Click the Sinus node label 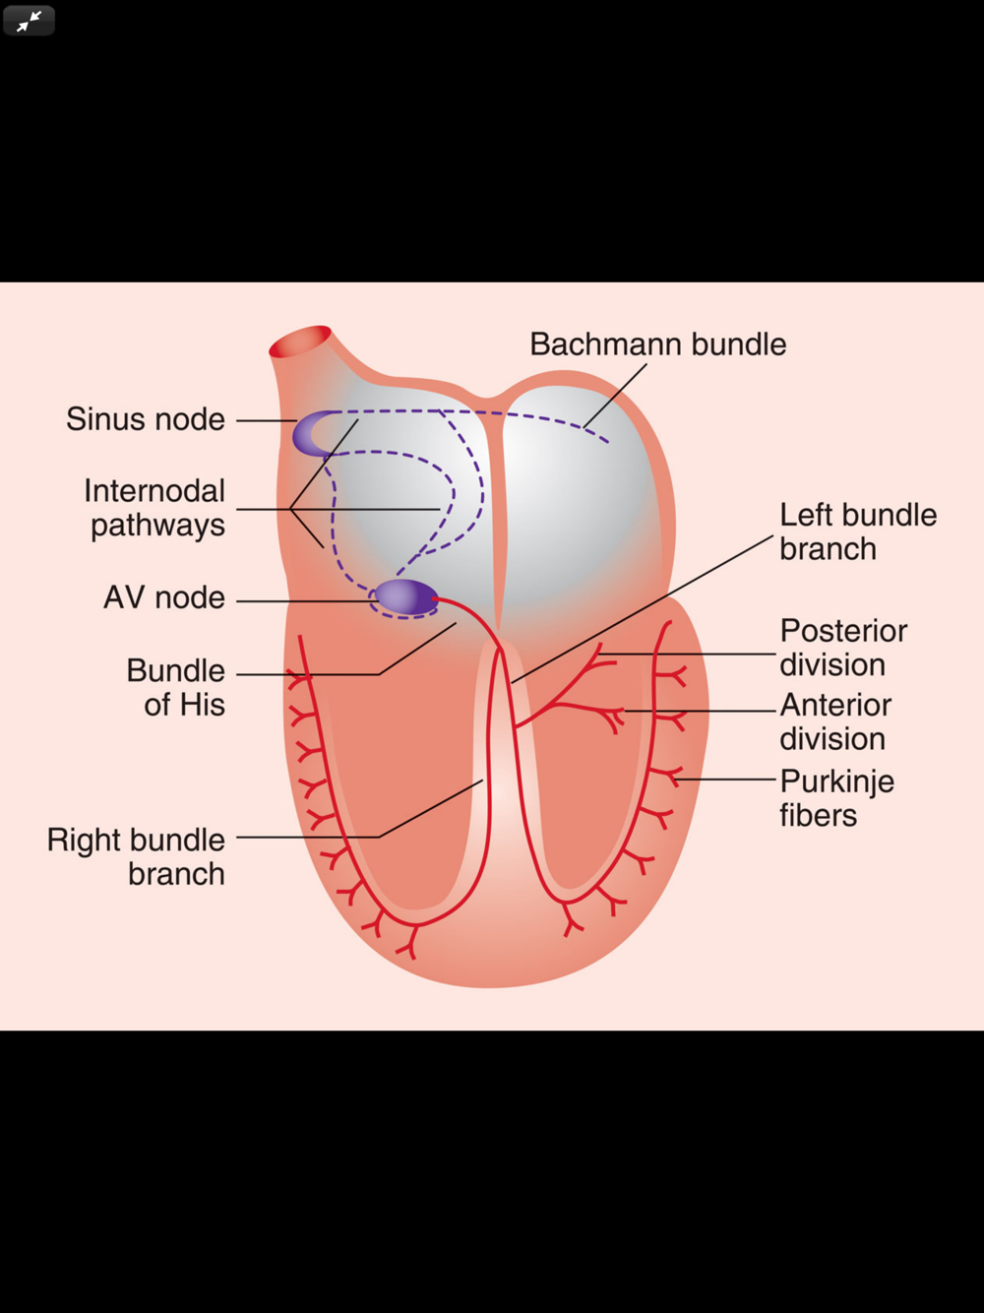pyautogui.click(x=146, y=419)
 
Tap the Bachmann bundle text pyautogui.click(x=657, y=344)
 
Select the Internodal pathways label pyautogui.click(x=155, y=508)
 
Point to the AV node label pyautogui.click(x=164, y=597)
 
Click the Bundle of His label pyautogui.click(x=176, y=687)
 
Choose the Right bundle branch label pyautogui.click(x=137, y=856)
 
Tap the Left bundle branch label pyautogui.click(x=857, y=531)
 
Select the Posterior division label pyautogui.click(x=843, y=648)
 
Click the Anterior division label pyautogui.click(x=835, y=721)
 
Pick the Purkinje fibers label pyautogui.click(x=836, y=797)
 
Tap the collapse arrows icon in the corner pyautogui.click(x=29, y=20)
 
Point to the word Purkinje pyautogui.click(x=836, y=782)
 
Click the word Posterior pyautogui.click(x=843, y=631)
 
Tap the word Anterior pyautogui.click(x=835, y=705)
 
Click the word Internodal pyautogui.click(x=154, y=491)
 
